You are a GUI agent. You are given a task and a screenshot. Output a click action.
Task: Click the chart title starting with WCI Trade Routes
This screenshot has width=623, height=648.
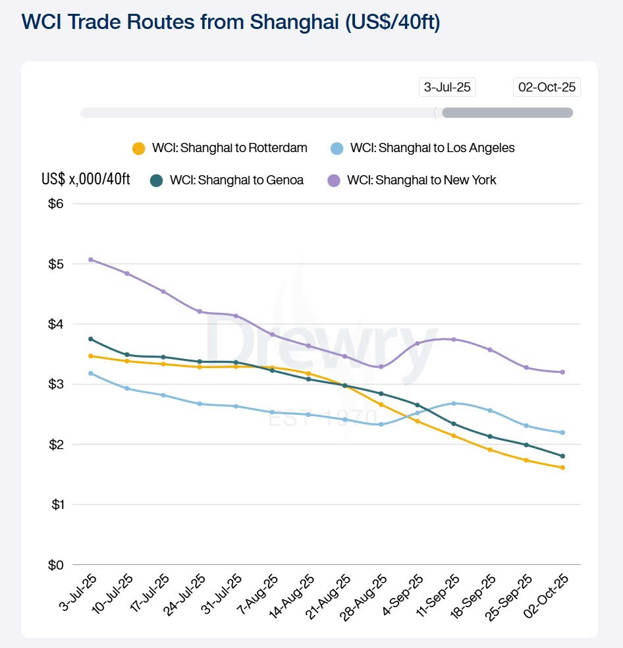[230, 21]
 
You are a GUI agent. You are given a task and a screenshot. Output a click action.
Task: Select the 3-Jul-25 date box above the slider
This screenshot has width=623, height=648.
[448, 87]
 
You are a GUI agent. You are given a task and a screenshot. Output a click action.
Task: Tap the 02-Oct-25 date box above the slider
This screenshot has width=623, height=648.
[547, 87]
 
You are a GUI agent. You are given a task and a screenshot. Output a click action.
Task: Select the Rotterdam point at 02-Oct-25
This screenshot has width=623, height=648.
[562, 468]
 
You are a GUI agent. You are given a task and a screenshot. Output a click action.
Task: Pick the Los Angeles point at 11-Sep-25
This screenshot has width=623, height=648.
[454, 403]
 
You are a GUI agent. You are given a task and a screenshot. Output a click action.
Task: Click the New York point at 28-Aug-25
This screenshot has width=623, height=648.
[381, 367]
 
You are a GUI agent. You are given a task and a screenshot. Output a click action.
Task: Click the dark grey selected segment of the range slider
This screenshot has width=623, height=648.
[507, 113]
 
